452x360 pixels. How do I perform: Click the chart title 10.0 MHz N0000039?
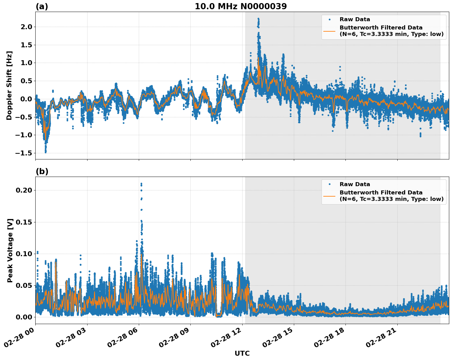coord(241,6)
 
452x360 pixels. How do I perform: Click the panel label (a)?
coord(42,6)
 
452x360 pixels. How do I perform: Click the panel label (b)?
coord(42,171)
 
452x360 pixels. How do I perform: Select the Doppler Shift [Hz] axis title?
coord(9,85)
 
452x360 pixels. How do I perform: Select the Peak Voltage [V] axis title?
coord(10,250)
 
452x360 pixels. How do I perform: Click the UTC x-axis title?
coord(242,353)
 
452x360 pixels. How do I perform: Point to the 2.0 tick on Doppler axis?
coord(26,27)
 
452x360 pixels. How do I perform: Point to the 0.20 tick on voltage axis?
coord(24,190)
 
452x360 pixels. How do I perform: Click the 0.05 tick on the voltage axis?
coord(24,285)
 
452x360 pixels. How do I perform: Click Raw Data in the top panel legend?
coord(355,19)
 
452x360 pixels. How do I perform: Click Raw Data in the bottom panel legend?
coord(355,184)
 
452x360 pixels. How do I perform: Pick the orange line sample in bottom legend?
coord(329,196)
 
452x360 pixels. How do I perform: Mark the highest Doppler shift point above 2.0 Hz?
coord(258,19)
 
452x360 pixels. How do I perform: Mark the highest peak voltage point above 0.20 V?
coord(141,184)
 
